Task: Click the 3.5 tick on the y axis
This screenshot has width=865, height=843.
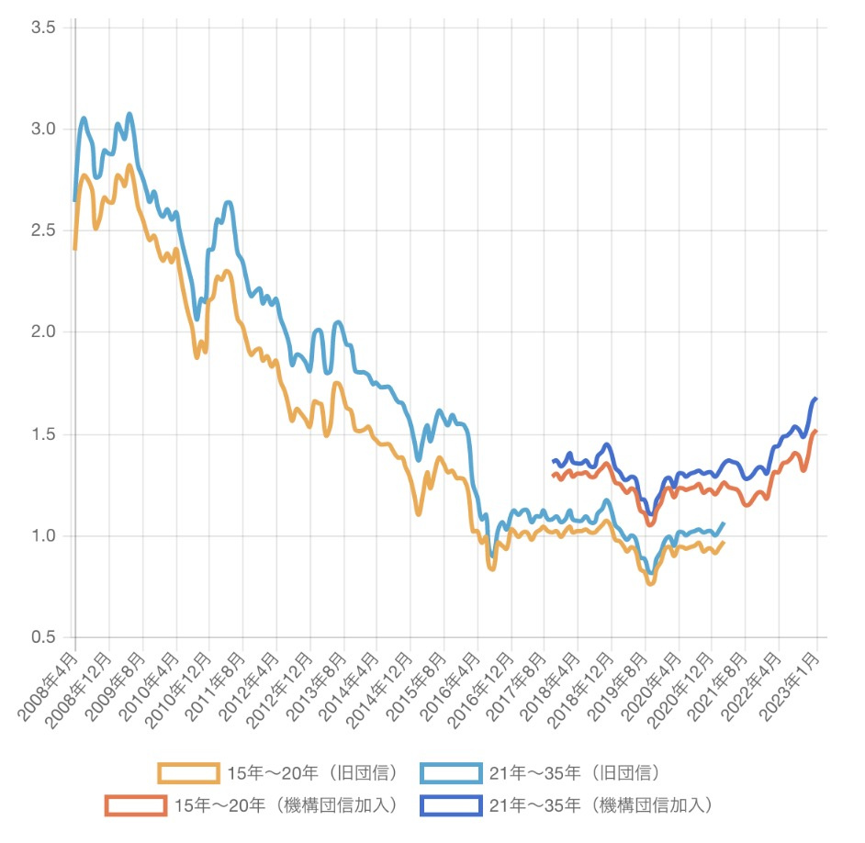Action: coord(43,28)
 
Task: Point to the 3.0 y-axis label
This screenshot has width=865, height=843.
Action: coord(43,129)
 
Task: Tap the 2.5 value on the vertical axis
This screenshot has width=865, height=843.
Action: coord(43,230)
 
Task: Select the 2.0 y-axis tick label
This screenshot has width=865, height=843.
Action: coord(43,332)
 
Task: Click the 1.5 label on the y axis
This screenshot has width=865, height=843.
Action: coord(43,434)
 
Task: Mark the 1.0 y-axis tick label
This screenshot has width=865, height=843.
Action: coord(43,535)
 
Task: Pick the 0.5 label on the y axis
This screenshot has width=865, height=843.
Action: coord(43,637)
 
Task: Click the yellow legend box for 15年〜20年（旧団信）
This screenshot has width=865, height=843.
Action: coord(188,773)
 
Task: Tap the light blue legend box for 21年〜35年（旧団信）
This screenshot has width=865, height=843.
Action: coord(450,773)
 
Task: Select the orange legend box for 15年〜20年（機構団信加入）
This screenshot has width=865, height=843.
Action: coord(135,805)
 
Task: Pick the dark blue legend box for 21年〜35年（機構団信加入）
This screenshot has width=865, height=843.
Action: coord(450,805)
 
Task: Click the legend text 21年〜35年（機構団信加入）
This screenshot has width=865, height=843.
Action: coord(601,805)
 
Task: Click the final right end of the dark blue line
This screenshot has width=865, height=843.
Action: coord(816,399)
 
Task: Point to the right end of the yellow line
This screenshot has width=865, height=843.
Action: coord(724,542)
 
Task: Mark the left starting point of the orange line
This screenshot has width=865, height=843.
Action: coord(553,475)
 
